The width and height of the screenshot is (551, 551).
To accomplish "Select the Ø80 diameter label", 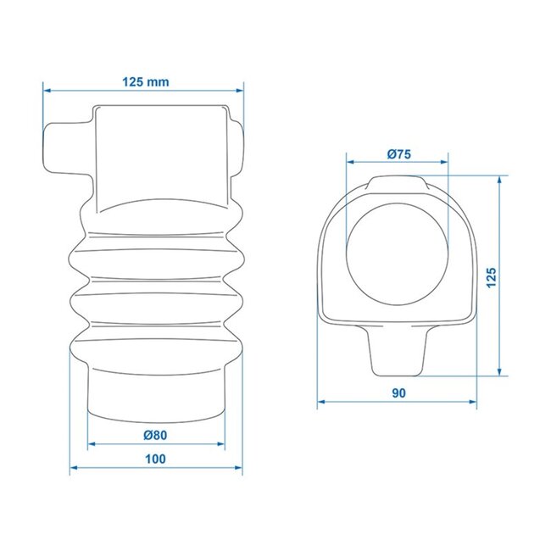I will (x=155, y=435).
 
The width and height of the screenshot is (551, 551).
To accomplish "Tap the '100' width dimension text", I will (x=154, y=459).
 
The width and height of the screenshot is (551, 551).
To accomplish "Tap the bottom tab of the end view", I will (x=397, y=353).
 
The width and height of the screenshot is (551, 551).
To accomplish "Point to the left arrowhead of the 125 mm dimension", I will (x=47, y=88).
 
